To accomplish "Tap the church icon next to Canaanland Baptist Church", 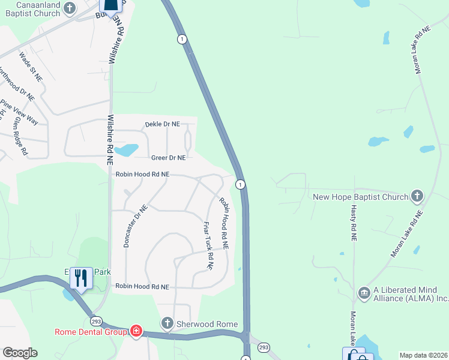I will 70,8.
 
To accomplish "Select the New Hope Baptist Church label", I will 360,196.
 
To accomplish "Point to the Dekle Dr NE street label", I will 162,124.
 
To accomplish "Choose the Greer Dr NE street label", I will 168,158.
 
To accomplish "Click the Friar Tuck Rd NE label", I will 208,246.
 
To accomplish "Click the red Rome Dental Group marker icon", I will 136,331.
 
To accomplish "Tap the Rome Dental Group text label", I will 91,332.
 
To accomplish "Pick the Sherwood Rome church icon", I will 167,324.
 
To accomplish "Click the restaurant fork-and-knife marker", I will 81,278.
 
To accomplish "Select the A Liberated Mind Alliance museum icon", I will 364,293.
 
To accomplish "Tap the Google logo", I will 20,353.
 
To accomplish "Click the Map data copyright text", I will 423,355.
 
